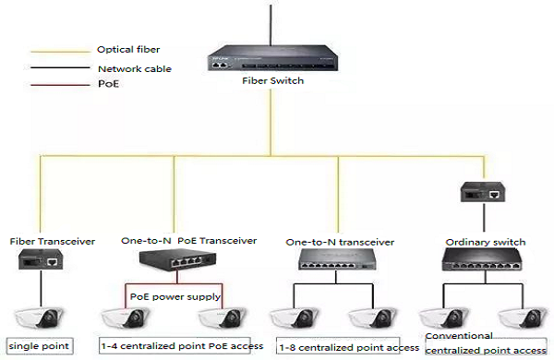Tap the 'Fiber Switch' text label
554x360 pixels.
(271, 80)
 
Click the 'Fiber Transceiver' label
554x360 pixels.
(53, 241)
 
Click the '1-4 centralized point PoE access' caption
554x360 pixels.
(181, 346)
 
